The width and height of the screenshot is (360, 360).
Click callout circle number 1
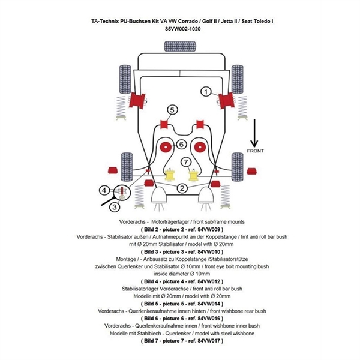coord(206,92)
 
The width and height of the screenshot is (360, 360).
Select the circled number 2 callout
coord(182,188)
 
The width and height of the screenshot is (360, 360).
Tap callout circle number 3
coord(115,207)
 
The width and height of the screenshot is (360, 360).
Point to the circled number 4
coord(104,191)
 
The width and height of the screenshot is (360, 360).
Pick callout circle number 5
coord(172,110)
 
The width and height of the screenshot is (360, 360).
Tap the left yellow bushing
coord(170,175)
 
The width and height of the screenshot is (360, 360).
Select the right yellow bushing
coord(193,175)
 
